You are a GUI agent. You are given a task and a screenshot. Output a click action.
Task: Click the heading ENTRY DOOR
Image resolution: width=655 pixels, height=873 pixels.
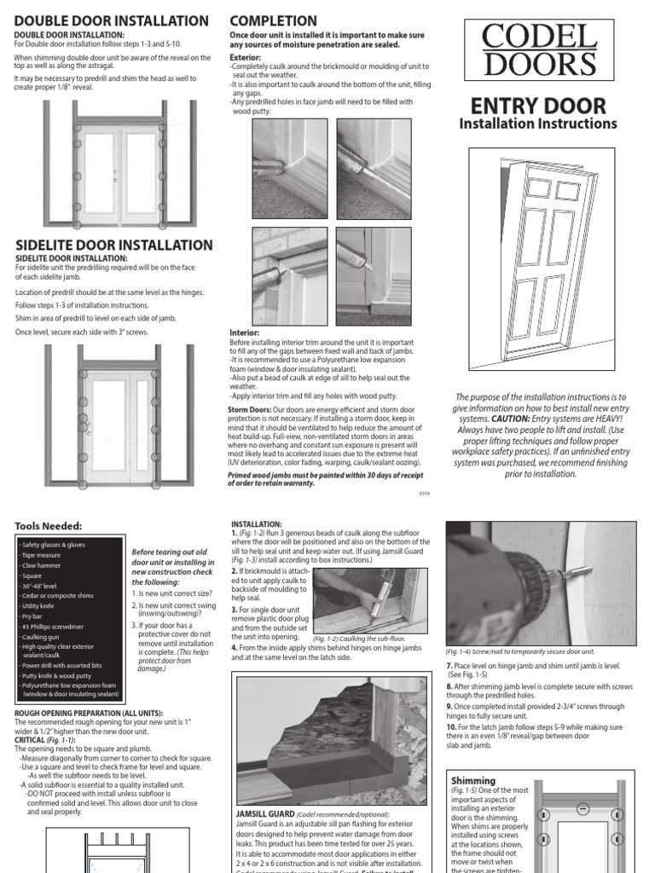pos(538,106)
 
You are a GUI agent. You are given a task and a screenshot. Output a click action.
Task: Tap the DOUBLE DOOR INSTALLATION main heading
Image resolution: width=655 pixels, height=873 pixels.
pos(111,20)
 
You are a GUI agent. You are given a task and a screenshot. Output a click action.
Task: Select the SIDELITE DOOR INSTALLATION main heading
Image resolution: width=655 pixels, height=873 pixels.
pos(114,246)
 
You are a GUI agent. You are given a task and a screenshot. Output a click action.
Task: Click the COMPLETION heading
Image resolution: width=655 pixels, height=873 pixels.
pos(273,20)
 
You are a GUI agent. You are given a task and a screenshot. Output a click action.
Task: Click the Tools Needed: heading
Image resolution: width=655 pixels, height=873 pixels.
pos(49,525)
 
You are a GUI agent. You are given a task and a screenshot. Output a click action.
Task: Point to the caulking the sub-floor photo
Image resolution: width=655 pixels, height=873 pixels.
pos(370,600)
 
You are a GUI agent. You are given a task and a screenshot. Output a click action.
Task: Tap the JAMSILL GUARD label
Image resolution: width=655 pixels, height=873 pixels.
pos(264,815)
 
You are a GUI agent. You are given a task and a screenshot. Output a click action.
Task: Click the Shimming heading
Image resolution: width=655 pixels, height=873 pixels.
pos(472,780)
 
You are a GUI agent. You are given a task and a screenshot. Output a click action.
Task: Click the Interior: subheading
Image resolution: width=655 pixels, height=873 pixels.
pos(246,332)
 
